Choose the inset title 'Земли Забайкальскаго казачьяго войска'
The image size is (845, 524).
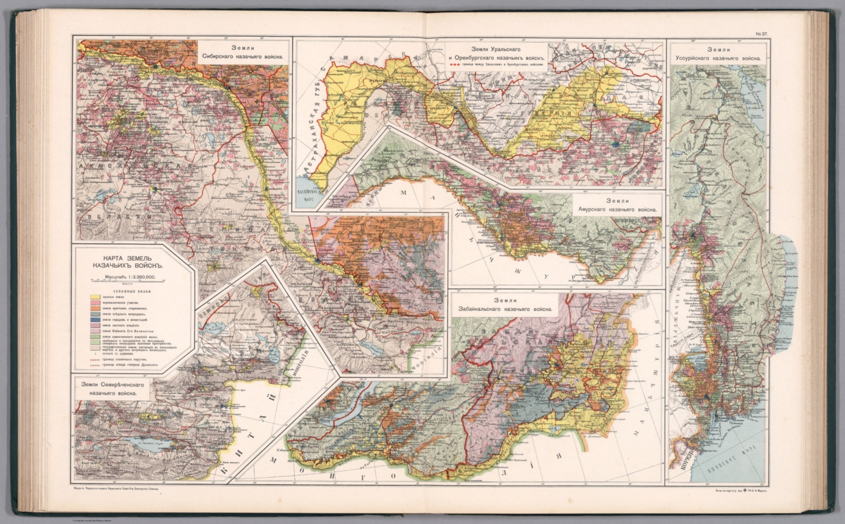[505, 305]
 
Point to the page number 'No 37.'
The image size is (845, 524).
[762, 34]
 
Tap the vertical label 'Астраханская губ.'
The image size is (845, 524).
[312, 137]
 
